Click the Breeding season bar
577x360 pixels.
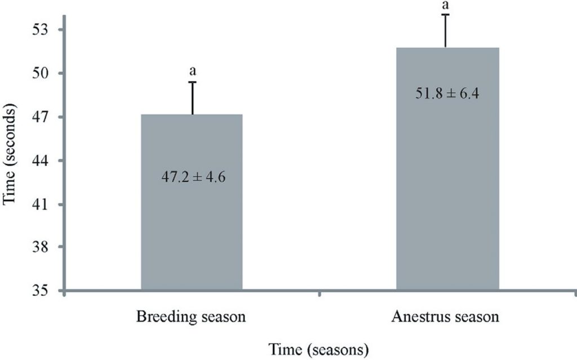[x=192, y=225]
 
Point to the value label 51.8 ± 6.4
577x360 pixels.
[x=447, y=94]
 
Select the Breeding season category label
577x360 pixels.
[x=191, y=317]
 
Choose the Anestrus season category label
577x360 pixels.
[x=445, y=317]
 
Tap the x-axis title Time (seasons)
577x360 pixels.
[x=319, y=349]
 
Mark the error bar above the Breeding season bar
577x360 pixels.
[x=193, y=98]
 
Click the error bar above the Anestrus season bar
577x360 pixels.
[x=446, y=30]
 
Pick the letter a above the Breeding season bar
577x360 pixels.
[x=193, y=72]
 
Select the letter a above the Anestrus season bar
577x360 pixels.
[x=446, y=5]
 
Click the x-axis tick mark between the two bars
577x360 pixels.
[x=319, y=294]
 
